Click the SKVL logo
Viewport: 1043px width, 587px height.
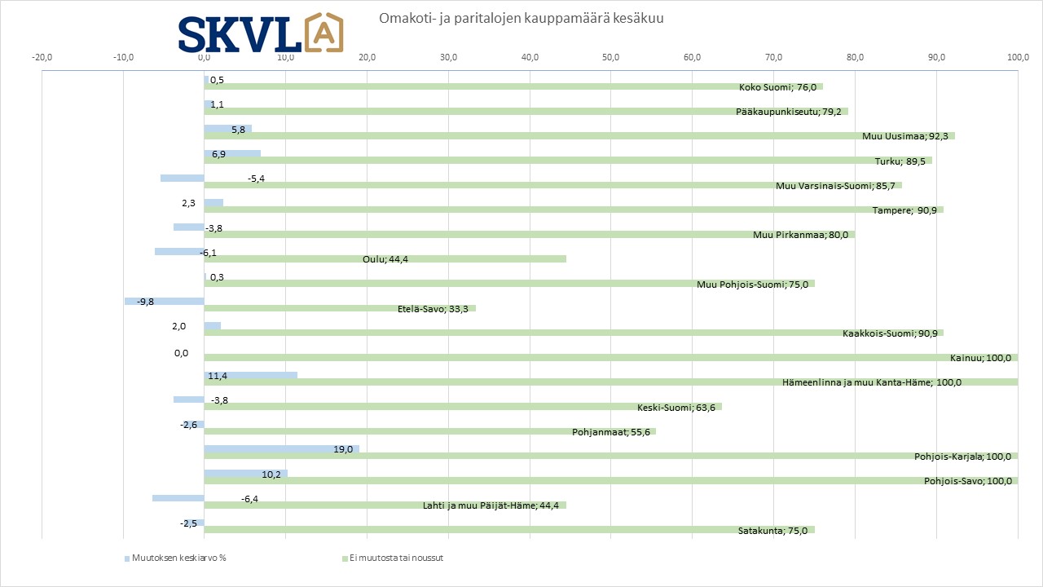[x=261, y=33]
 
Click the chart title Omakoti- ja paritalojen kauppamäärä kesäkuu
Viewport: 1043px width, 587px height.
[x=521, y=19]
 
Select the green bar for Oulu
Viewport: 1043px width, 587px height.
[x=385, y=259]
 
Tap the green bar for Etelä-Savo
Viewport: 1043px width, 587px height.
[x=340, y=308]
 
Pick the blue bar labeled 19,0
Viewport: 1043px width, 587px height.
[x=282, y=449]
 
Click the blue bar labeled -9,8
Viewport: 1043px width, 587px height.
[x=165, y=302]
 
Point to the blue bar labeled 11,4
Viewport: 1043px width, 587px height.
[x=250, y=375]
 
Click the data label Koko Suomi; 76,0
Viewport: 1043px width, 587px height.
[x=777, y=87]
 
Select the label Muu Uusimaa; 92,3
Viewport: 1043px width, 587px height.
[x=905, y=136]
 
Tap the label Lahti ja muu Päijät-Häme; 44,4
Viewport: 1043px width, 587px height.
[x=491, y=505]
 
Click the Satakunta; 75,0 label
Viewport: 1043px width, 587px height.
[x=773, y=531]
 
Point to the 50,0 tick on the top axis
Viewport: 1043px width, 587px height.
[x=611, y=57]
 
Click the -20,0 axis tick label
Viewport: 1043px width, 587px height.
[x=42, y=57]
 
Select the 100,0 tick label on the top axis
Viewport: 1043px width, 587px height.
[x=1019, y=57]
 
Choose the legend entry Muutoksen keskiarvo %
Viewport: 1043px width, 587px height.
[x=175, y=558]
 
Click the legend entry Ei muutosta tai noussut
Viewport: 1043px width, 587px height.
[x=393, y=558]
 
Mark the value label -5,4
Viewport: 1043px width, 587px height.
[x=256, y=179]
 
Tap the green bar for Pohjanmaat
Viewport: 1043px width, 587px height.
[x=429, y=431]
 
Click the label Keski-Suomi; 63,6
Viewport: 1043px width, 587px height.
[x=676, y=408]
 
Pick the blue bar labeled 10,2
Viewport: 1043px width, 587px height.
[x=246, y=474]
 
